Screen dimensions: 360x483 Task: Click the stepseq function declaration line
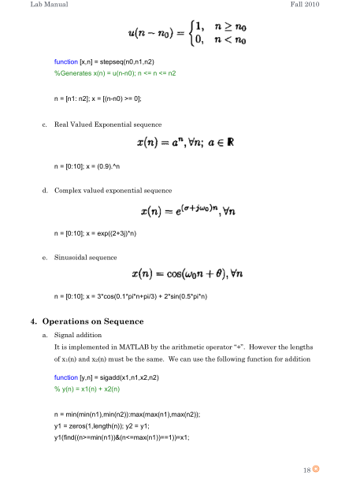pyautogui.click(x=104, y=61)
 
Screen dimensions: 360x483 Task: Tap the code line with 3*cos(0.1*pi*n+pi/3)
pyautogui.click(x=132, y=299)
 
